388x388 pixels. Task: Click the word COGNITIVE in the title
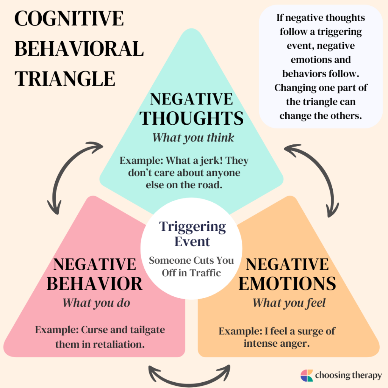pos(69,19)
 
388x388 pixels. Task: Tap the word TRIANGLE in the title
pos(65,79)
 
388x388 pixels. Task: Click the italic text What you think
pos(193,138)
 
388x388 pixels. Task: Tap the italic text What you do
pos(96,303)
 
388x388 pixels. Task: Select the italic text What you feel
pos(289,303)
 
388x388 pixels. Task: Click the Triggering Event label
pos(192,234)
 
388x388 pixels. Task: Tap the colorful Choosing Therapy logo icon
pos(307,375)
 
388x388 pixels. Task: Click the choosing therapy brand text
pos(348,375)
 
